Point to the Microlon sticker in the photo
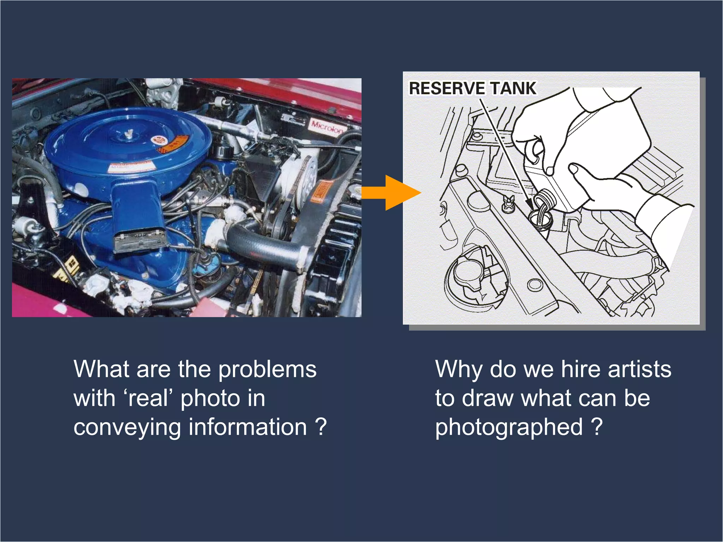point(327,126)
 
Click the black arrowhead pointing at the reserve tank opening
point(528,204)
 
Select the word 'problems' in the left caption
point(267,370)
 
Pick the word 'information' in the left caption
point(247,427)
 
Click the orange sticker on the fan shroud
point(321,192)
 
